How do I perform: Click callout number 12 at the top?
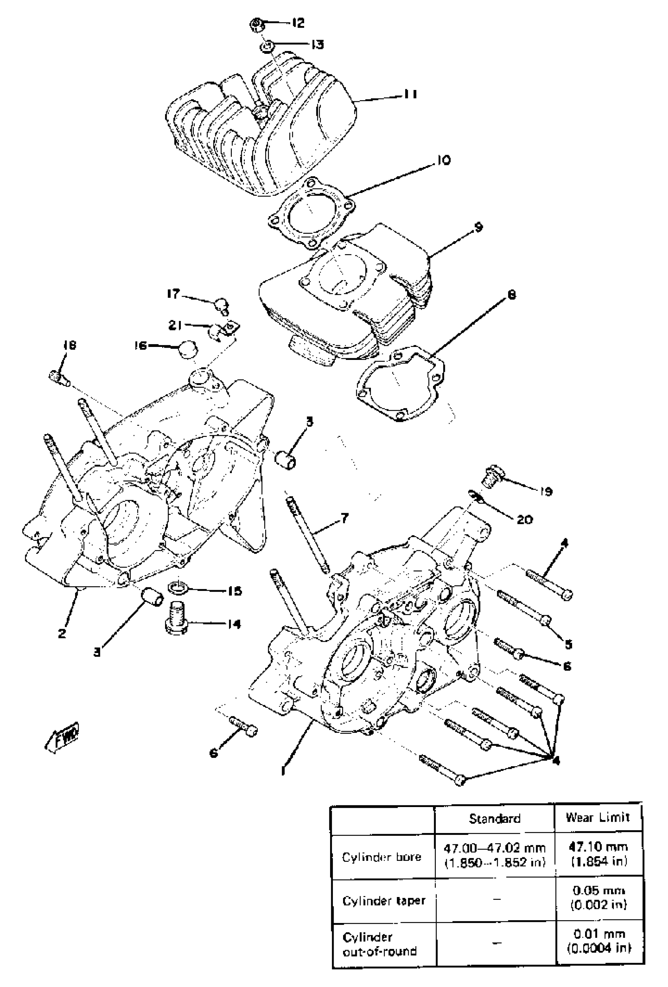point(298,23)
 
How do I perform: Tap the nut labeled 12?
point(257,25)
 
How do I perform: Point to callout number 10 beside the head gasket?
point(442,161)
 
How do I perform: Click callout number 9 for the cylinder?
point(478,227)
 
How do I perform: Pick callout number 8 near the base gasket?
point(512,294)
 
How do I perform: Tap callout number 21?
point(175,325)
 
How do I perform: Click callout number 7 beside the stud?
point(344,518)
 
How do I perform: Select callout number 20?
point(525,519)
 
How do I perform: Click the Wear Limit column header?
point(598,818)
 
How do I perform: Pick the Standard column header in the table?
point(494,818)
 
